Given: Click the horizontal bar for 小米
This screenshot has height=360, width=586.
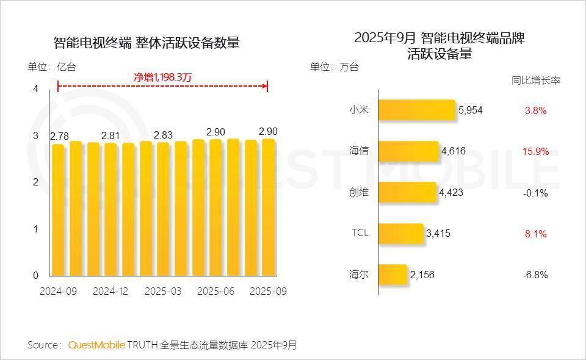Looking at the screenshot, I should pos(417,110).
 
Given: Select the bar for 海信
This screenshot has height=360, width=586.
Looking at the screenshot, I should pos(408,151).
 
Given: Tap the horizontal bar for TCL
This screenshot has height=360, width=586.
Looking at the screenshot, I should pos(400,233).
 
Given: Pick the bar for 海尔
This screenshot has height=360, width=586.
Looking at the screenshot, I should pos(392,274).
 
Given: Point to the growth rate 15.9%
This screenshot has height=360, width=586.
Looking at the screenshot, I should pos(535,152).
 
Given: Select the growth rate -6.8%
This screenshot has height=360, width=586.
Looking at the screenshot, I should pos(535,275).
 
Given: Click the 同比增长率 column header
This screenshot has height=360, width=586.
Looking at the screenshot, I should pos(535,80).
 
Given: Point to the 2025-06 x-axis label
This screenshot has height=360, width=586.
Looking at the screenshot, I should pos(216,291).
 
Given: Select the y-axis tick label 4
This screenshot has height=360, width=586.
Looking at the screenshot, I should pos(35,89).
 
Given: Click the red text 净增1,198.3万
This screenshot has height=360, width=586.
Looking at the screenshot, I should pos(163,77).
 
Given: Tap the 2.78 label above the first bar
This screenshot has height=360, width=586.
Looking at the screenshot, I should pos(59,136).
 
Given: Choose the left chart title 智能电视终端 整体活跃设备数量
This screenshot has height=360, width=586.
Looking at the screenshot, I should pos(146,43).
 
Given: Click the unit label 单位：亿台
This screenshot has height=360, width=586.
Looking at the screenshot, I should pos(52,67).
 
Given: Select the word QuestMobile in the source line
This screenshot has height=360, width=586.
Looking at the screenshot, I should pos(96,345).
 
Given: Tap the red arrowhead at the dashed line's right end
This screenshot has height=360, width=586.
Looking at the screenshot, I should pos(265,87).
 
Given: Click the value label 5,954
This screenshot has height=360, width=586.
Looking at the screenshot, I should pos(470,110).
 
